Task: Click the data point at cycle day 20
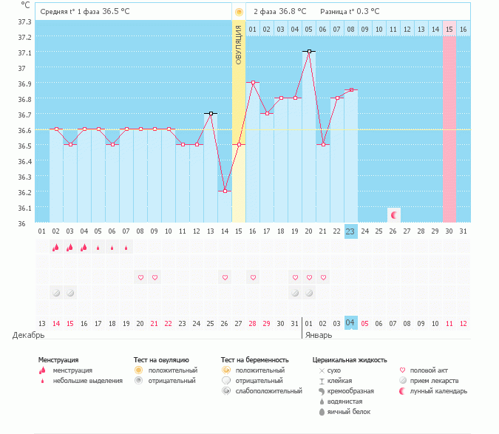pyautogui.click(x=309, y=52)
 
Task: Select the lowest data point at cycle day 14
pyautogui.click(x=225, y=191)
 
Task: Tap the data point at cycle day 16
pyautogui.click(x=253, y=83)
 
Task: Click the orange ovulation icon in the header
pyautogui.click(x=238, y=12)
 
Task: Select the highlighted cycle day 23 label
pyautogui.click(x=350, y=231)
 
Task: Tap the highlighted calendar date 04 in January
pyautogui.click(x=350, y=323)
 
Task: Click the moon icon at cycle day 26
pyautogui.click(x=394, y=215)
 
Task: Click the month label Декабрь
pyautogui.click(x=28, y=335)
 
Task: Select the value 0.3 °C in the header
pyautogui.click(x=366, y=12)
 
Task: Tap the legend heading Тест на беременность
pyautogui.click(x=254, y=360)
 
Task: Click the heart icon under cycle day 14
pyautogui.click(x=225, y=277)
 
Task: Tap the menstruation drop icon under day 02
pyautogui.click(x=55, y=248)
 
